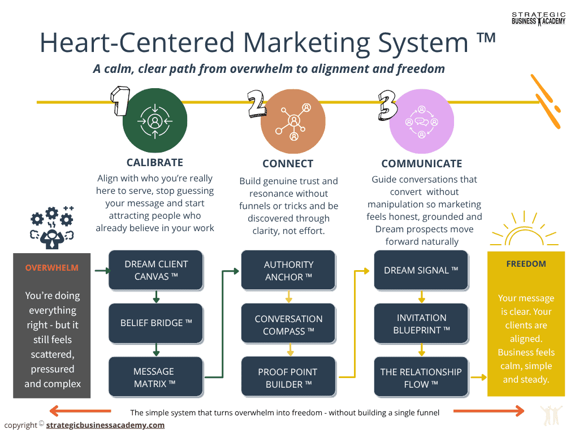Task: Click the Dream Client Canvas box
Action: pyautogui.click(x=155, y=270)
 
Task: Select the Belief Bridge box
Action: pyautogui.click(x=155, y=323)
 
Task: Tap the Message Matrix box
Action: pyautogui.click(x=155, y=377)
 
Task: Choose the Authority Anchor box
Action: pyautogui.click(x=288, y=270)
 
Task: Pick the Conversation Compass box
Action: pyautogui.click(x=288, y=324)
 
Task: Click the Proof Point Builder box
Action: pyautogui.click(x=288, y=377)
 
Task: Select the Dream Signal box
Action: pyautogui.click(x=421, y=270)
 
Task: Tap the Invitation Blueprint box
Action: pyautogui.click(x=421, y=323)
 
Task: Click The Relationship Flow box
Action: pyautogui.click(x=421, y=377)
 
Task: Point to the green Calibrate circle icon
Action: pyautogui.click(x=155, y=121)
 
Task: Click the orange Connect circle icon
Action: pyautogui.click(x=294, y=121)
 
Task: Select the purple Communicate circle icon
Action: pyautogui.click(x=422, y=121)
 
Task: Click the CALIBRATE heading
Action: pyautogui.click(x=155, y=163)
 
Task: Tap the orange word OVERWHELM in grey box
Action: pyautogui.click(x=51, y=268)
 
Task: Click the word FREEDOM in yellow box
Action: pyautogui.click(x=526, y=264)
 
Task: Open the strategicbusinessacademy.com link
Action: pyautogui.click(x=105, y=425)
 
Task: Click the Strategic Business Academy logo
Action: pyautogui.click(x=538, y=19)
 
